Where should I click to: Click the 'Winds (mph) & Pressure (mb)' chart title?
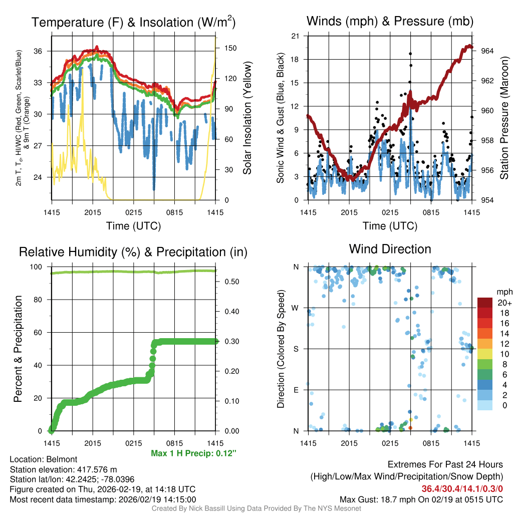pos(390,22)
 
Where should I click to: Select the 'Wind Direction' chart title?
pos(390,249)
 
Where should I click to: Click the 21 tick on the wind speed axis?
pos(295,36)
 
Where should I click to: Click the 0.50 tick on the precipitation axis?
pos(230,282)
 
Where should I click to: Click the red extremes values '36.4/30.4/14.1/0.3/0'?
pos(462,489)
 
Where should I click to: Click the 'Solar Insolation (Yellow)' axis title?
pos(247,118)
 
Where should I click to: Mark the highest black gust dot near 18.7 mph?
pos(410,54)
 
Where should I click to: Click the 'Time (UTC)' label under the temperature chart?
pos(133,226)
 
